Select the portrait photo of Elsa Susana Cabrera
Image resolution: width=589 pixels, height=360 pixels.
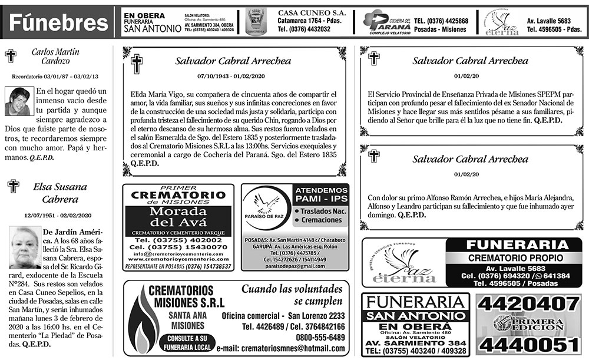click(x=25, y=247)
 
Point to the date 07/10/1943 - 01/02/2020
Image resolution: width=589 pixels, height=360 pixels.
click(x=233, y=76)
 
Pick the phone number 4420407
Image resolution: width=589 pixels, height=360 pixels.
click(x=530, y=303)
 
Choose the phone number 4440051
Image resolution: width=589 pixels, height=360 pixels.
click(x=530, y=344)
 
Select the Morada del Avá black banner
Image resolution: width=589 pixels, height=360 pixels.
click(x=178, y=216)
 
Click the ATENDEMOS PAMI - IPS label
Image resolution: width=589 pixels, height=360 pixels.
click(x=321, y=195)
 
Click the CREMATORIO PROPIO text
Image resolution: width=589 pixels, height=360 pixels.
click(x=516, y=257)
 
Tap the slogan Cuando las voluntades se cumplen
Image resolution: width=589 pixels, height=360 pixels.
click(x=292, y=295)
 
